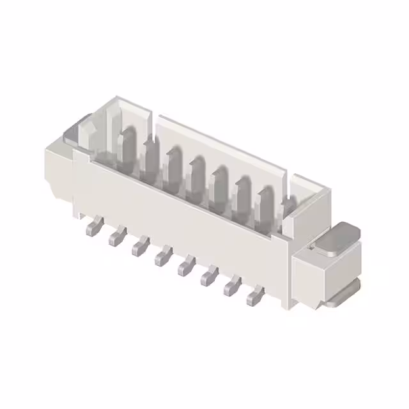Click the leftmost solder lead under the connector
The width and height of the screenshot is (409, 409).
click(92, 227)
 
